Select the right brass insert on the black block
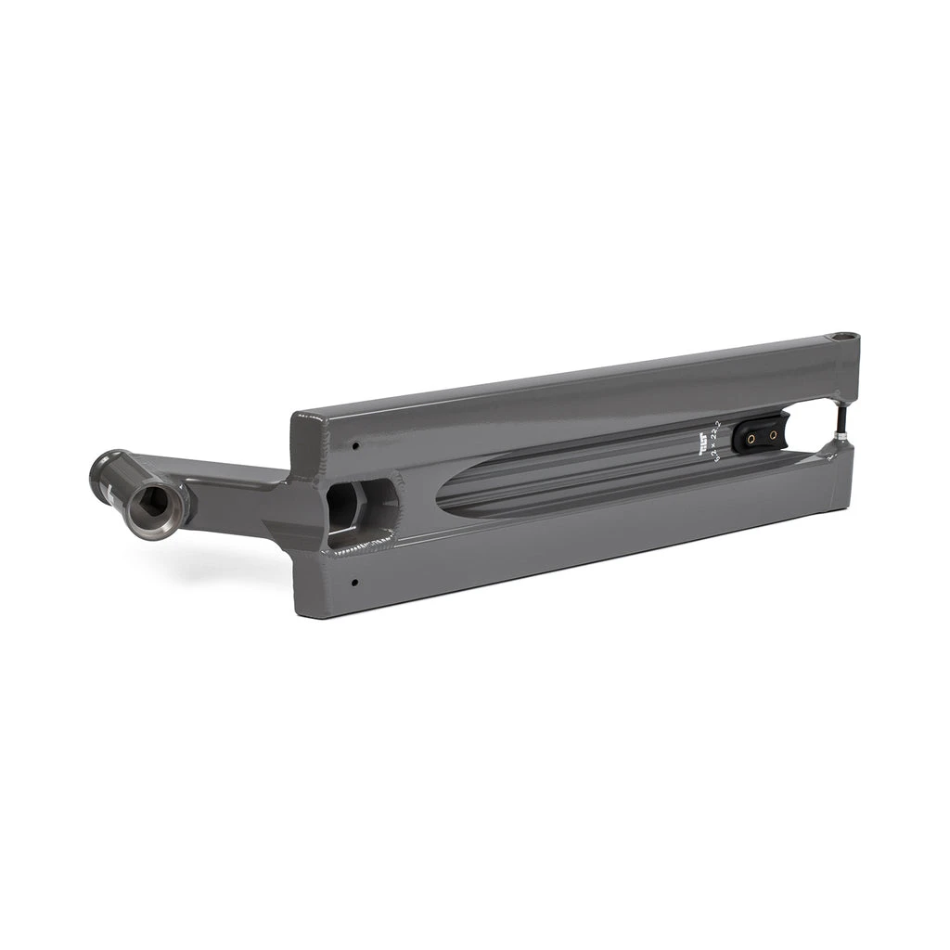click(771, 432)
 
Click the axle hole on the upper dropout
click(844, 336)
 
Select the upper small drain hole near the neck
click(355, 445)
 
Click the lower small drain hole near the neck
click(355, 583)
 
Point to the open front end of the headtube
click(155, 504)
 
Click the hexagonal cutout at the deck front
click(344, 506)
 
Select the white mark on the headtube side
click(110, 490)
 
